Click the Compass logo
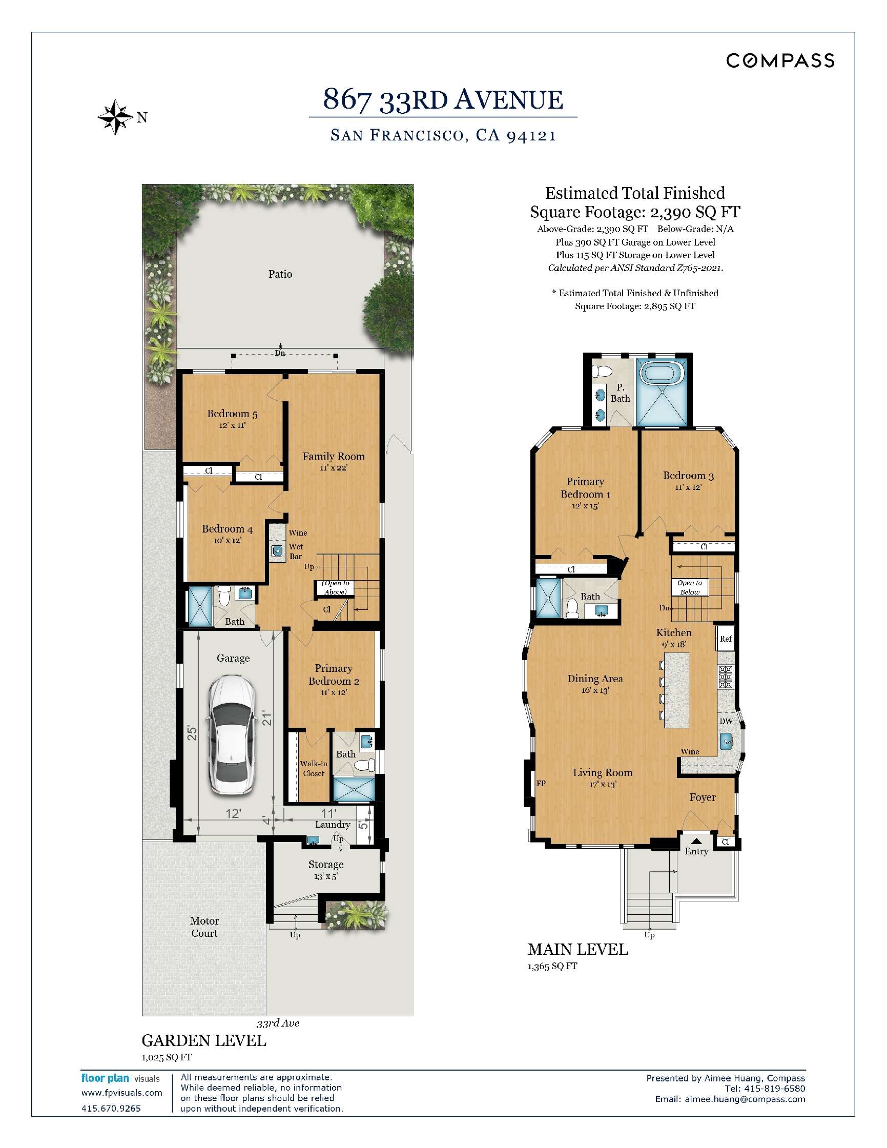click(780, 60)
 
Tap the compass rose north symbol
click(115, 117)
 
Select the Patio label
click(280, 274)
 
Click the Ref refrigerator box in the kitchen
click(726, 638)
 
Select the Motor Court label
click(204, 927)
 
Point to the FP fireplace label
click(541, 783)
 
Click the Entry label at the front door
click(696, 851)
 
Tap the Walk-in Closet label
click(314, 768)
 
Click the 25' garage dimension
click(192, 733)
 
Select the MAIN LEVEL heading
click(577, 949)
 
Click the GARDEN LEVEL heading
click(204, 1040)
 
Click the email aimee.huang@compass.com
click(730, 1099)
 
